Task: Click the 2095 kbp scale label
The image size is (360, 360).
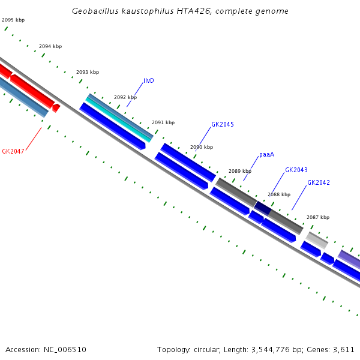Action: (13, 20)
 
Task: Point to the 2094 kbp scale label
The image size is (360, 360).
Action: (50, 46)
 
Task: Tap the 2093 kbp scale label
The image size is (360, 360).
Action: (88, 72)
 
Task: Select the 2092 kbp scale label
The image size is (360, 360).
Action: (125, 97)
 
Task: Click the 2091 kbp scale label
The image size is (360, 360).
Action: (163, 122)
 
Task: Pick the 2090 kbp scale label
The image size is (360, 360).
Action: (202, 147)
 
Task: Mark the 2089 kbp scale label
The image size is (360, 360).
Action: (240, 171)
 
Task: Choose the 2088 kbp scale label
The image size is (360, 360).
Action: (279, 194)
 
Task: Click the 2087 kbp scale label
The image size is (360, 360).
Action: (318, 217)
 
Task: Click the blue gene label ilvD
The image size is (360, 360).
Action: (149, 80)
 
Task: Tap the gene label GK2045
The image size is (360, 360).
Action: (223, 125)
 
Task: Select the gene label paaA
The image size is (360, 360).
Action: (267, 154)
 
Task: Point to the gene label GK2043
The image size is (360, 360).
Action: (296, 170)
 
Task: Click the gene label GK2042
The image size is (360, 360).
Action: (319, 182)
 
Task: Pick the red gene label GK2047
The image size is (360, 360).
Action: (13, 151)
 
